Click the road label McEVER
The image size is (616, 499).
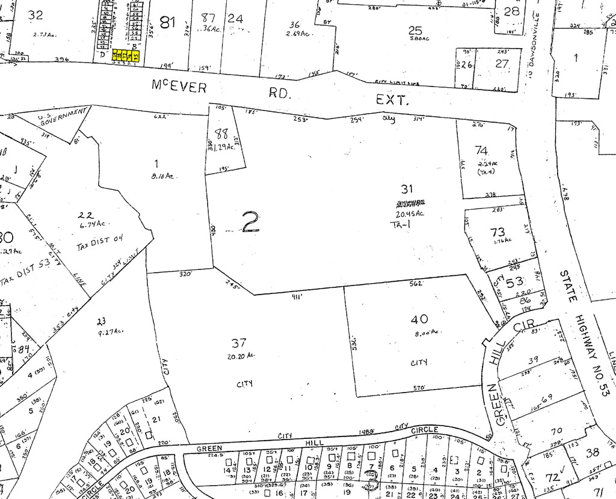click(179, 88)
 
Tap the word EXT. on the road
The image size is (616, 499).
click(392, 100)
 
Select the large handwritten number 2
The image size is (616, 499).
click(250, 222)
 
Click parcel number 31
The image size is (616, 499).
click(407, 189)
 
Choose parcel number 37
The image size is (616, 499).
click(239, 343)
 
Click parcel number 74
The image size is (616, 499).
click(481, 150)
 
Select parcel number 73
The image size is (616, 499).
click(497, 232)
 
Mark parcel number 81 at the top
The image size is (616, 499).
click(168, 23)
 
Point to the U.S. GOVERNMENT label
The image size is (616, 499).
click(62, 117)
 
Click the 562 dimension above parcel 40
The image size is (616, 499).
click(416, 283)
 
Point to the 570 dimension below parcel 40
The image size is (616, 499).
click(420, 388)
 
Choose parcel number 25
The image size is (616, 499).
click(415, 31)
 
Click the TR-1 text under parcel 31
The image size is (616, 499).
click(396, 224)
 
